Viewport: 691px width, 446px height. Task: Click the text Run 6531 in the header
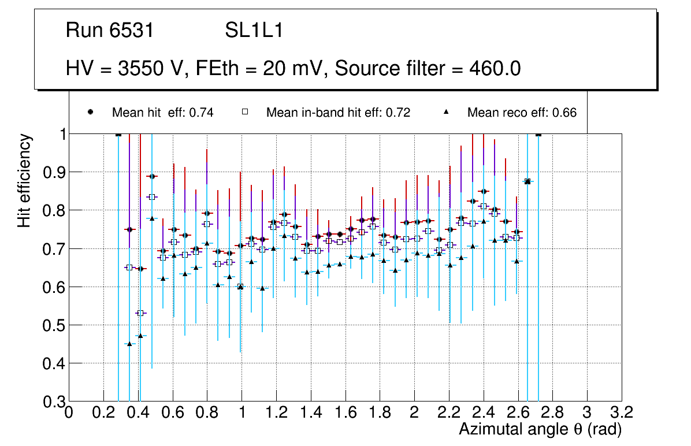pos(110,31)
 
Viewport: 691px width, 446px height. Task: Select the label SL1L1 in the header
pos(254,31)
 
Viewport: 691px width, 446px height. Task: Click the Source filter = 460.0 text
pos(428,69)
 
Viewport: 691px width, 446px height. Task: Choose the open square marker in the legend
pos(244,113)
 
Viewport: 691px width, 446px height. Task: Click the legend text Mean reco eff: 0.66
pos(522,113)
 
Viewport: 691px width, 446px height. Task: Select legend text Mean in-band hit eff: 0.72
pos(338,113)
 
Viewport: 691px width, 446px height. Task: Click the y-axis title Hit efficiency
pos(24,180)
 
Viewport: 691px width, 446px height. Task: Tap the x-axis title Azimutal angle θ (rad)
pos(540,429)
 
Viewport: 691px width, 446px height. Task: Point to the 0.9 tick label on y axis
pos(50,172)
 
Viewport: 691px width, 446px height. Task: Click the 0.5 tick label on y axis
pos(50,325)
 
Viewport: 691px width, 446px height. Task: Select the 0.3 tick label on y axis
pos(50,402)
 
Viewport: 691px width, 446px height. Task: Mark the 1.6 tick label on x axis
pos(345,412)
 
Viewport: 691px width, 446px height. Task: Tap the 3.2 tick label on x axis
pos(622,412)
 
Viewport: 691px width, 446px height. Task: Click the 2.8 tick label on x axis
pos(553,412)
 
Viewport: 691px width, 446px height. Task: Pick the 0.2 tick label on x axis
pos(103,412)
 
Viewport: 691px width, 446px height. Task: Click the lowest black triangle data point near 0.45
pos(129,344)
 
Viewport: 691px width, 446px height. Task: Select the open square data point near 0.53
pos(140,313)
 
